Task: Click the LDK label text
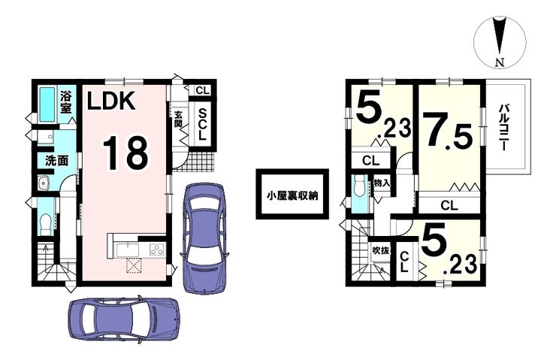pyautogui.click(x=111, y=101)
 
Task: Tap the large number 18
pyautogui.click(x=125, y=153)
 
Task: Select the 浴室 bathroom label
pyautogui.click(x=66, y=102)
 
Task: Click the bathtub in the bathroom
pyautogui.click(x=47, y=104)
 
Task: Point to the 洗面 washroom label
pyautogui.click(x=56, y=161)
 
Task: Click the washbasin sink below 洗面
pyautogui.click(x=44, y=183)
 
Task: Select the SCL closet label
pyautogui.click(x=202, y=124)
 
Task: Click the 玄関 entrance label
pyautogui.click(x=178, y=119)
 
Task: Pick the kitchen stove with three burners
pyautogui.click(x=157, y=250)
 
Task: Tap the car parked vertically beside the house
pyautogui.click(x=204, y=238)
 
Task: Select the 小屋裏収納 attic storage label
pyautogui.click(x=292, y=195)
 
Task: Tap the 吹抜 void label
pyautogui.click(x=381, y=251)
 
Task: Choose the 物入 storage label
pyautogui.click(x=382, y=183)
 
